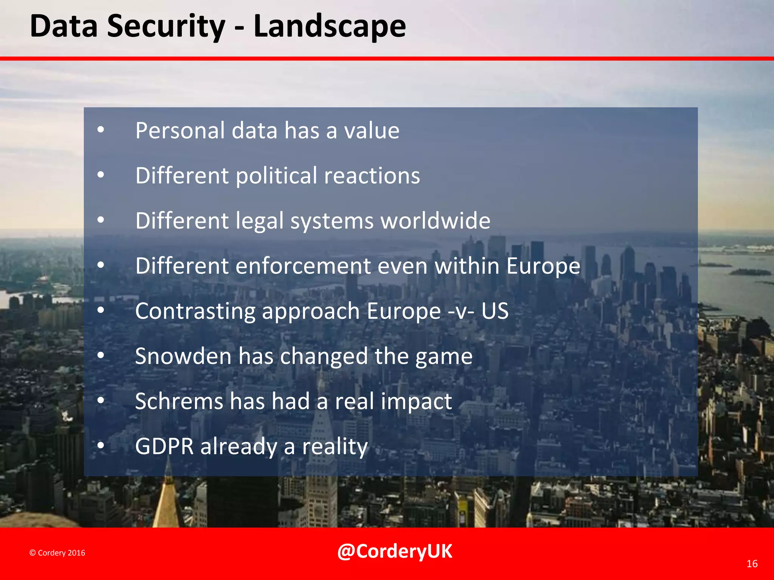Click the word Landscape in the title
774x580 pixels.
point(330,26)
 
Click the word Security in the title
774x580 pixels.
point(166,26)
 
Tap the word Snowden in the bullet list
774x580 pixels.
point(183,356)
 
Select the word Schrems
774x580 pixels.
point(179,401)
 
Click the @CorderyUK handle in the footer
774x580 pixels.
point(394,551)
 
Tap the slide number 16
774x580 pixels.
point(752,564)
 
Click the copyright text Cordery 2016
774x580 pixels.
point(57,553)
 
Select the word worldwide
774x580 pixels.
point(435,221)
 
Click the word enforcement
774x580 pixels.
point(303,266)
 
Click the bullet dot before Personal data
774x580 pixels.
point(101,130)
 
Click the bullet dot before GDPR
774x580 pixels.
point(101,446)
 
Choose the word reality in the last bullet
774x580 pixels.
point(334,447)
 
